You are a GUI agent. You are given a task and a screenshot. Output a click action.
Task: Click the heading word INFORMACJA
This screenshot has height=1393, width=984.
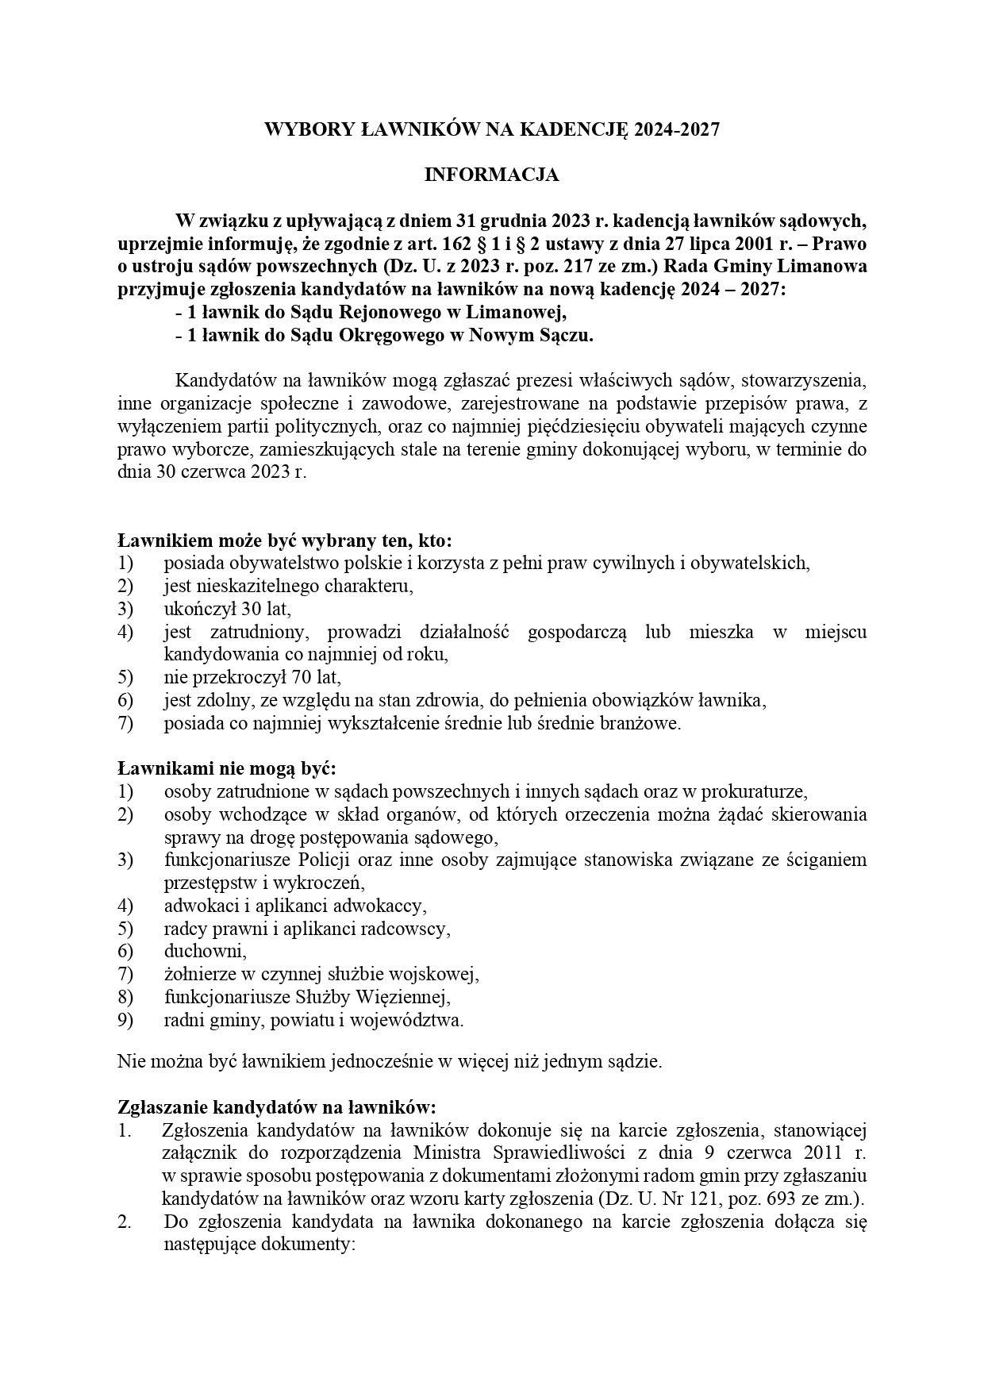coord(491,175)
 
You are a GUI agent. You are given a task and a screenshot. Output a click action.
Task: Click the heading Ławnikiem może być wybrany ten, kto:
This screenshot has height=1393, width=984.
coord(284,541)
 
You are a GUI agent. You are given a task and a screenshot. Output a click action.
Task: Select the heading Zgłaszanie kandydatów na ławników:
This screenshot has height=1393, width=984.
coord(277,1106)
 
